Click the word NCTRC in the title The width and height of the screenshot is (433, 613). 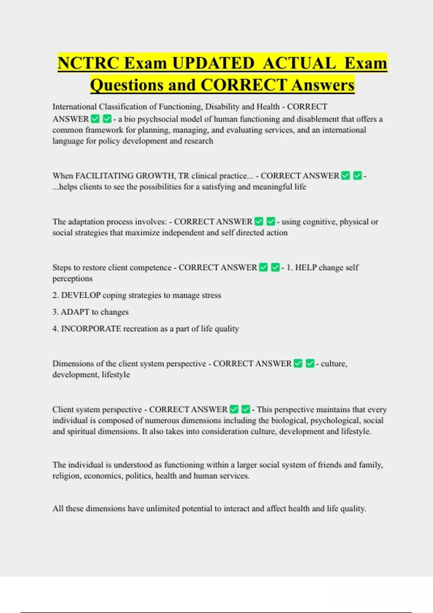(x=88, y=63)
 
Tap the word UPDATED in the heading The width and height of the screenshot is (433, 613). (x=213, y=63)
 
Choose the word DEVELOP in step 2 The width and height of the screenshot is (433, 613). (x=81, y=295)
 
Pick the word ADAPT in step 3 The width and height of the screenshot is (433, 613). (x=75, y=312)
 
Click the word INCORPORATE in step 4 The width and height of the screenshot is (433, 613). (x=91, y=329)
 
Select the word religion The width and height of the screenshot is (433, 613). (x=67, y=476)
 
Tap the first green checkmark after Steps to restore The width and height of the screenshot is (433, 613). (x=263, y=267)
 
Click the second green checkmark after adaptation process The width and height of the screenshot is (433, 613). (x=271, y=221)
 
